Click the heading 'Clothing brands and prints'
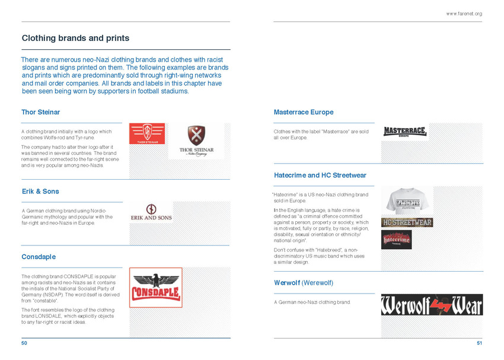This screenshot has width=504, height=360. pyautogui.click(x=75, y=38)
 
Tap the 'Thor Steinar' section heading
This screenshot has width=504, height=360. pyautogui.click(x=40, y=112)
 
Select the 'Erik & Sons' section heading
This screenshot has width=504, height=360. pyautogui.click(x=40, y=192)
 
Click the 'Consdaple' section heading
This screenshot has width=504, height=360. pyautogui.click(x=39, y=257)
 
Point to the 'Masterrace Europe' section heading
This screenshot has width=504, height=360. pyautogui.click(x=303, y=112)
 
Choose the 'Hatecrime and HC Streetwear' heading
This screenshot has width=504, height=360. pyautogui.click(x=320, y=176)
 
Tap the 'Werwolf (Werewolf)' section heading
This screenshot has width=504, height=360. pyautogui.click(x=304, y=283)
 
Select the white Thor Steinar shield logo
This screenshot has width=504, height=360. pyautogui.click(x=196, y=141)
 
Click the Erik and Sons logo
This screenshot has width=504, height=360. pyautogui.click(x=151, y=213)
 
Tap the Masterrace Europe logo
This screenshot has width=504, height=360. pyautogui.click(x=404, y=132)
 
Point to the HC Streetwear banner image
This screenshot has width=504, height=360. pyautogui.click(x=407, y=222)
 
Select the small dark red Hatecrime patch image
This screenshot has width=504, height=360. pyautogui.click(x=396, y=240)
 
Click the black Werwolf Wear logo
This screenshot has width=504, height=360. pyautogui.click(x=431, y=305)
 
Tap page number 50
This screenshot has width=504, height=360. pyautogui.click(x=24, y=343)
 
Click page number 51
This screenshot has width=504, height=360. pyautogui.click(x=479, y=343)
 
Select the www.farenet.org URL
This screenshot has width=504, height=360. pyautogui.click(x=464, y=14)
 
